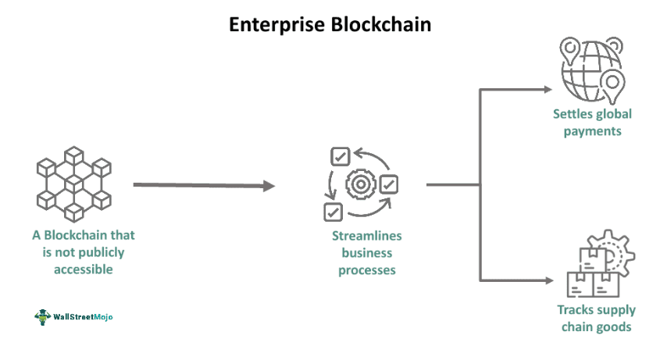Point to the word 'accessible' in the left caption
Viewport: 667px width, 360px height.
pos(84,269)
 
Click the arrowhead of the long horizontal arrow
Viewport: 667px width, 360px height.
pos(269,186)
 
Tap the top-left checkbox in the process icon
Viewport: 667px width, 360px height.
pos(340,156)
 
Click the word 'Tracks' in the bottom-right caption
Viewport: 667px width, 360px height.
pos(574,310)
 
